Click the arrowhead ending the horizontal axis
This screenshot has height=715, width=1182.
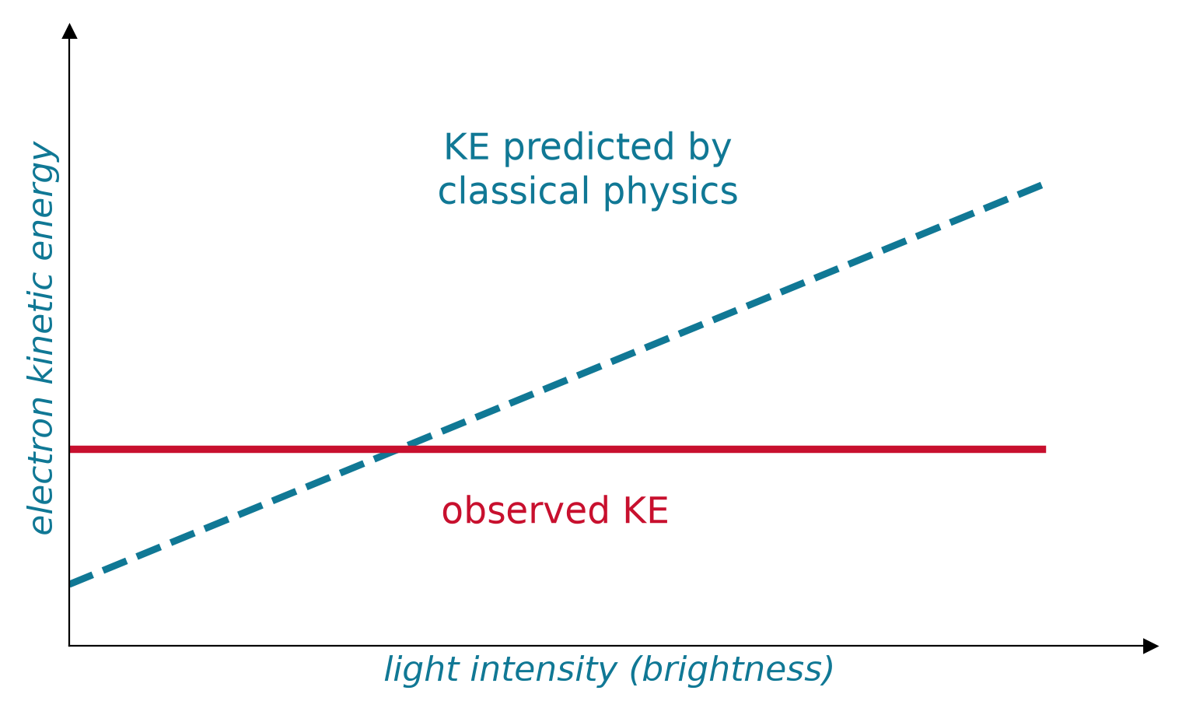pyautogui.click(x=1150, y=646)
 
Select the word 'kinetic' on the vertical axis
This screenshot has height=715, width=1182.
pyautogui.click(x=41, y=328)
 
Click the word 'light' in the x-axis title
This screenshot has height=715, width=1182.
pyautogui.click(x=421, y=669)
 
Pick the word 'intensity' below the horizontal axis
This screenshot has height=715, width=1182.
pyautogui.click(x=544, y=669)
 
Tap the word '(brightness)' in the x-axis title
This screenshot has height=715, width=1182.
pyautogui.click(x=731, y=670)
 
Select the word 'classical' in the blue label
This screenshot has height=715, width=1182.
pyautogui.click(x=513, y=191)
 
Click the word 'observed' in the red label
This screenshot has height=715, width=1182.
pyautogui.click(x=526, y=510)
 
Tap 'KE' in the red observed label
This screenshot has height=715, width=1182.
pyautogui.click(x=646, y=510)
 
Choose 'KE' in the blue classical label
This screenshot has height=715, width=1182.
pyautogui.click(x=467, y=147)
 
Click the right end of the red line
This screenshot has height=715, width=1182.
pyautogui.click(x=1045, y=450)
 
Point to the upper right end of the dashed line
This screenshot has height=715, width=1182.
pyautogui.click(x=1042, y=185)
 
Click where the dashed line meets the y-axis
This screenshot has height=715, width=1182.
pyautogui.click(x=70, y=584)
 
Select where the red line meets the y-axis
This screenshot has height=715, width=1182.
pyautogui.click(x=70, y=450)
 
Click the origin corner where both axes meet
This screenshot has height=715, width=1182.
pyautogui.click(x=69, y=646)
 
